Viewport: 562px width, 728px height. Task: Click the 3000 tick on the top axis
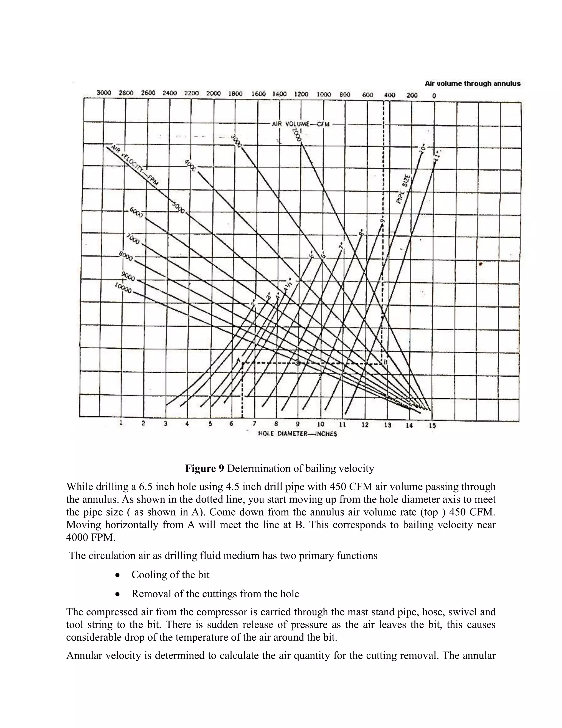click(103, 93)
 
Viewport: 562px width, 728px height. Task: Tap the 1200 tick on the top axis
click(301, 94)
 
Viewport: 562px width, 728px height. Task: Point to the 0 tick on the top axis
click(434, 96)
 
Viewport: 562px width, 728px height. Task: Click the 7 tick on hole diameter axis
click(254, 424)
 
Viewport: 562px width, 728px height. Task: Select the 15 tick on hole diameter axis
click(432, 425)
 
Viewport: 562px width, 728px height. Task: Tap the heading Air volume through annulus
click(473, 84)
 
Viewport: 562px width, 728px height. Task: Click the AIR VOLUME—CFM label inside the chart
click(301, 124)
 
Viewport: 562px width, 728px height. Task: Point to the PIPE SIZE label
click(403, 189)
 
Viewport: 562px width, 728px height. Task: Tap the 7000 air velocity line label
click(133, 239)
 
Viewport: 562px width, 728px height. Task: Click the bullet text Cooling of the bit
click(170, 575)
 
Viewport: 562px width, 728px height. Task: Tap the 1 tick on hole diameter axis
click(121, 423)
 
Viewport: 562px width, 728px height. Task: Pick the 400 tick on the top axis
click(390, 95)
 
